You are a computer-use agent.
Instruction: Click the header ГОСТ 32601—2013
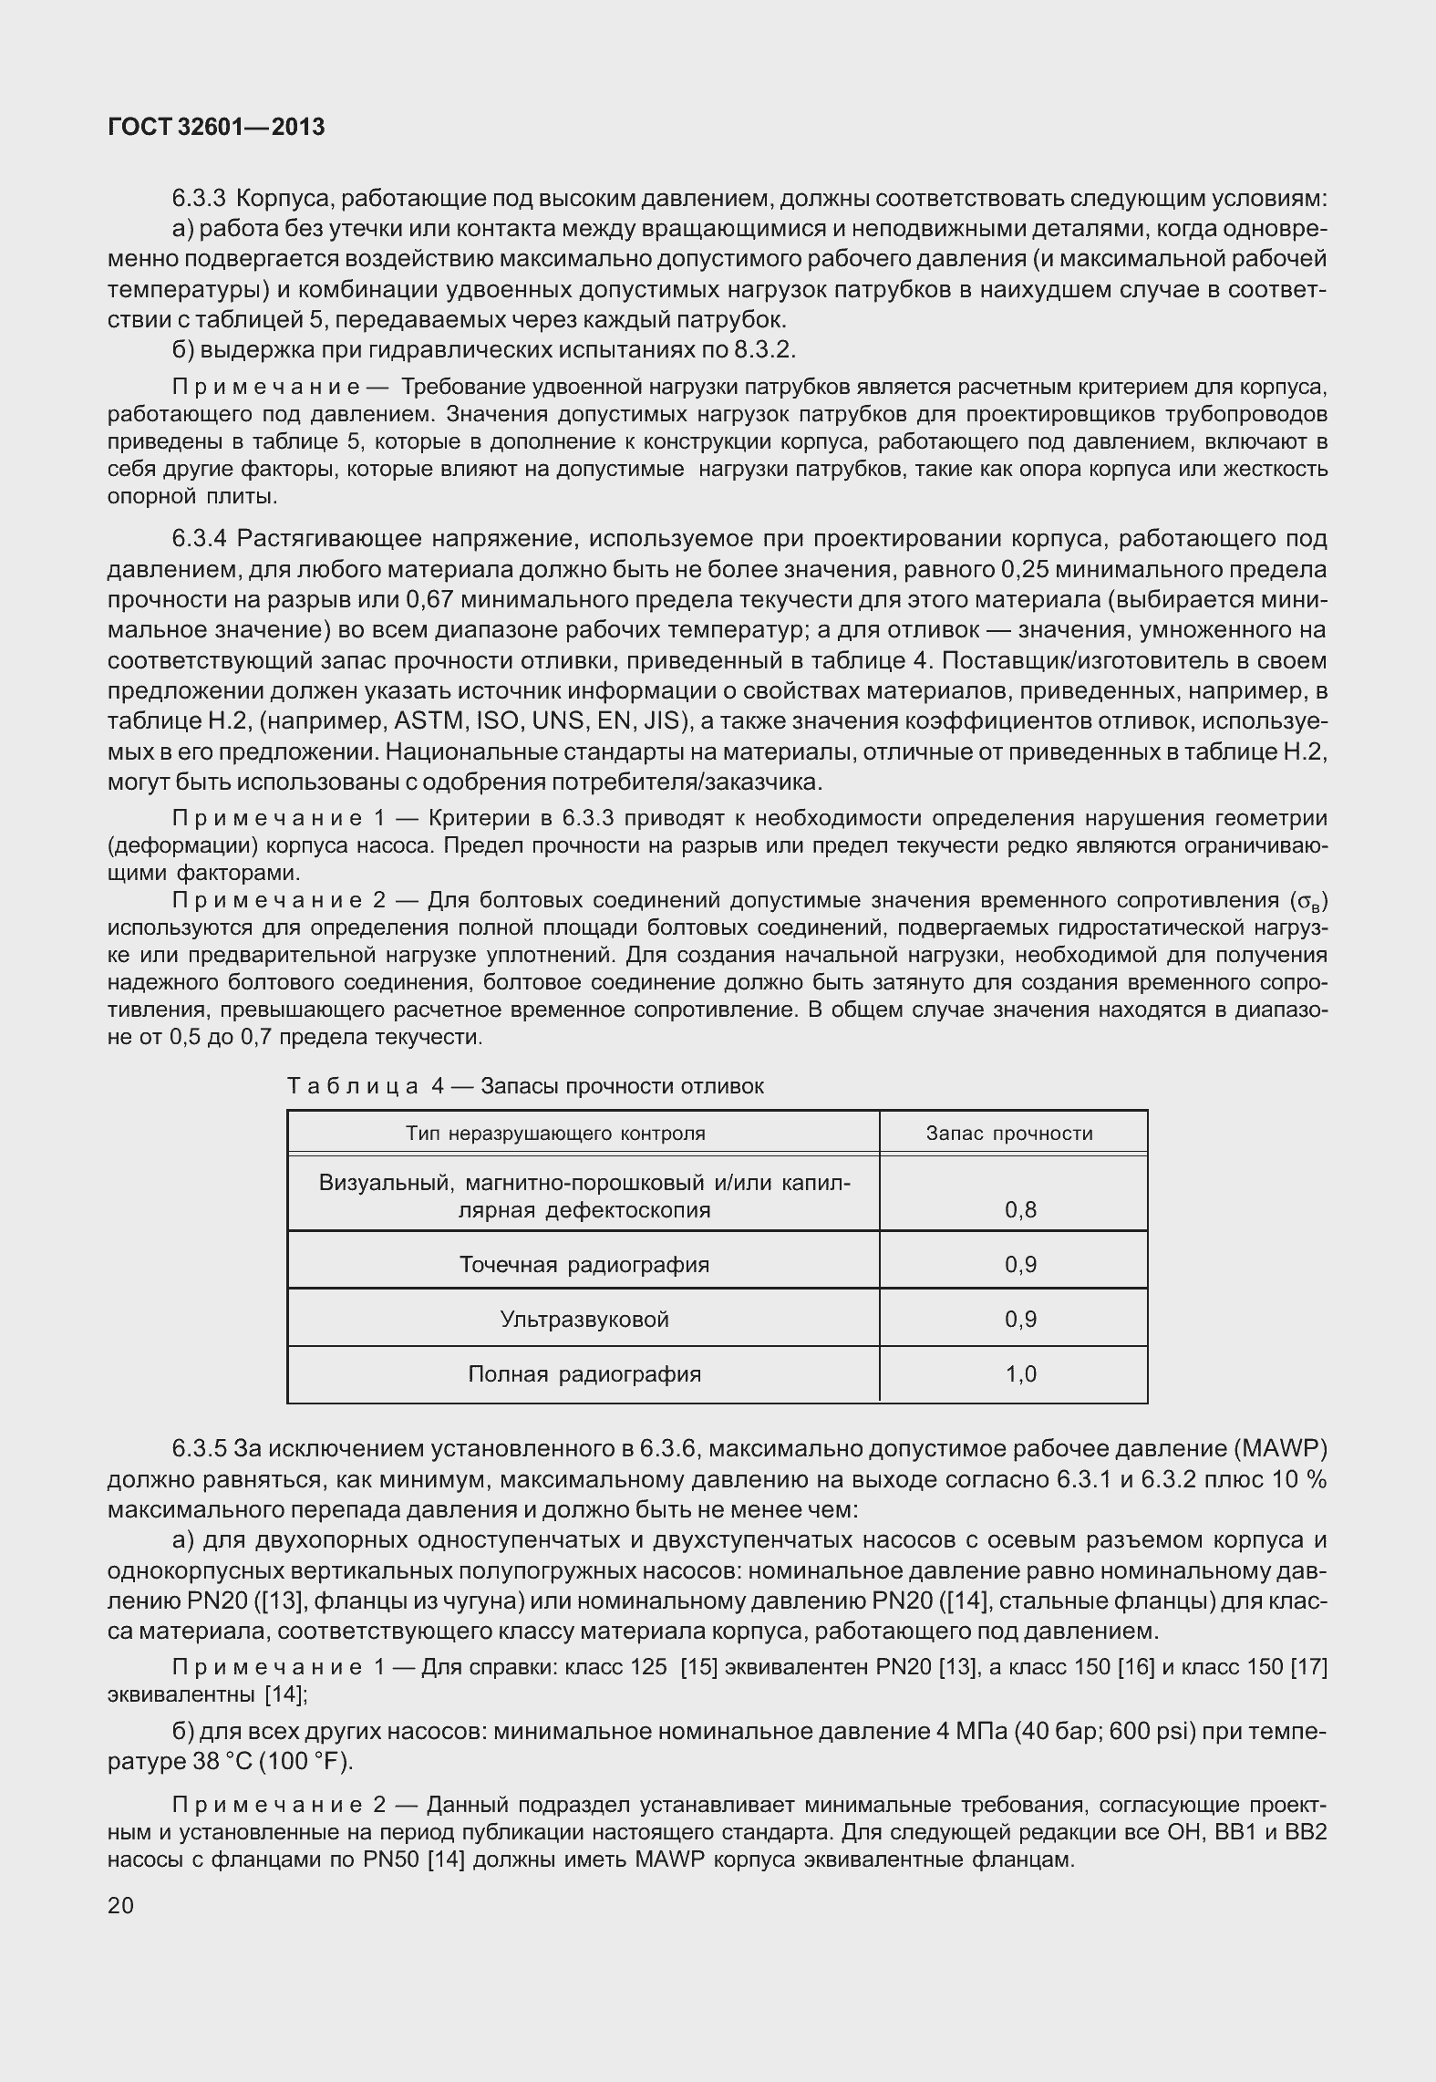216,128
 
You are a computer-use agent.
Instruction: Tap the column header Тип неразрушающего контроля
555,1134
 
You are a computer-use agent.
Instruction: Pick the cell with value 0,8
1020,1210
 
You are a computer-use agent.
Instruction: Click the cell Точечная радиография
584,1265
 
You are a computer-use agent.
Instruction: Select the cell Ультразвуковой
584,1320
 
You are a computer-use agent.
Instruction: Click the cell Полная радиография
584,1374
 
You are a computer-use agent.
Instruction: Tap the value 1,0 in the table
1020,1374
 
